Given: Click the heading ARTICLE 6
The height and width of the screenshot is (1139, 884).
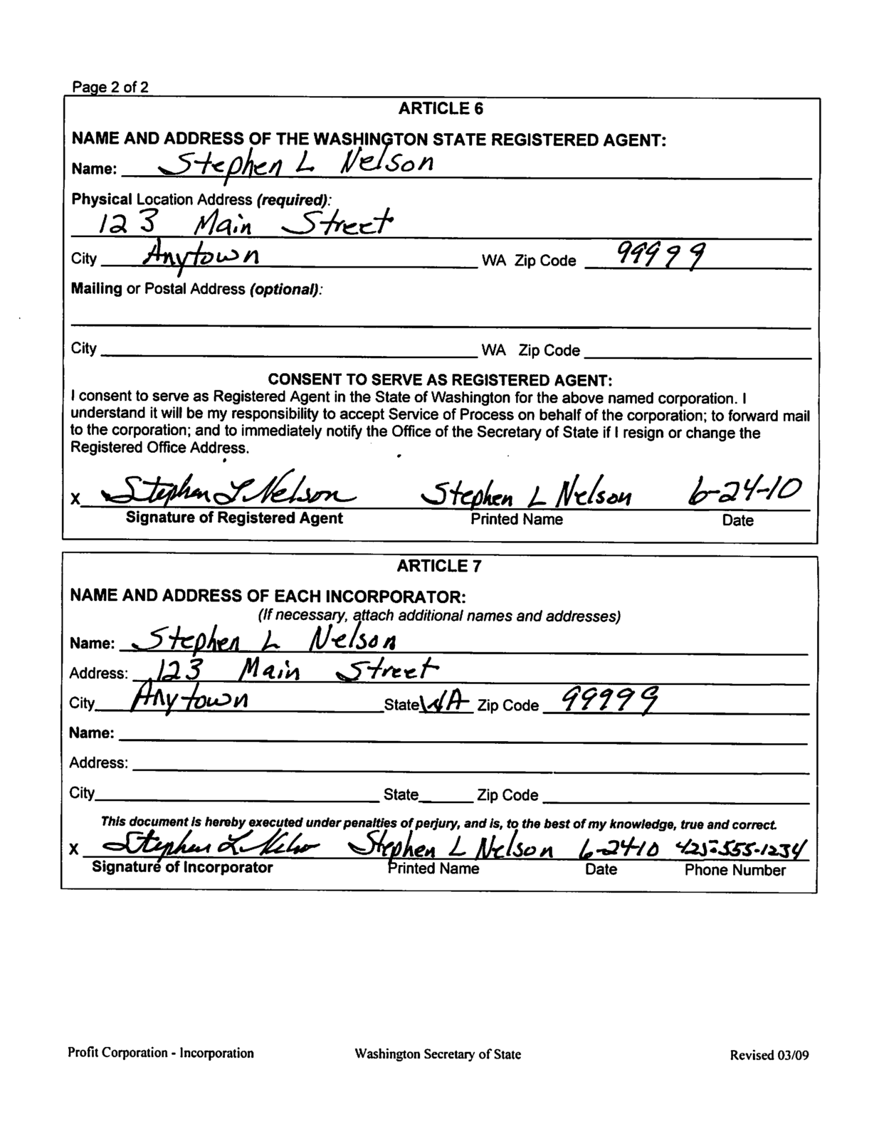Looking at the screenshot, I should pos(441,109).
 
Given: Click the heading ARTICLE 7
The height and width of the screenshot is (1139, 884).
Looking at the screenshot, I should pos(439,567).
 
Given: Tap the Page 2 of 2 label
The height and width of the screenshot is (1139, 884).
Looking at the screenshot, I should pos(110,88).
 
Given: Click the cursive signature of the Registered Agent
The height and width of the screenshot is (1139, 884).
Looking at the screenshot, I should pos(228,491).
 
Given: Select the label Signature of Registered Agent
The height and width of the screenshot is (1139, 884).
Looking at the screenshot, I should pos(234,518).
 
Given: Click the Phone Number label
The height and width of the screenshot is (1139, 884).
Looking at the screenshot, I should pos(735,870).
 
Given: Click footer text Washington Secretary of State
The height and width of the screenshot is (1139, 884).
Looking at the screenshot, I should pos(438,1054).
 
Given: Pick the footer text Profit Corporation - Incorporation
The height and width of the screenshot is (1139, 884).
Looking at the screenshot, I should pos(161,1053).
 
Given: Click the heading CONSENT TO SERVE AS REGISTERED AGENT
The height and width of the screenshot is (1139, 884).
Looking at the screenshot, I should pos(440,379).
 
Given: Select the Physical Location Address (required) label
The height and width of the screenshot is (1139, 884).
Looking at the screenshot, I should pos(202,199).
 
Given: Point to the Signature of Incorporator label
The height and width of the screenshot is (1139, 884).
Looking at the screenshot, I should pos(182,868).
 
